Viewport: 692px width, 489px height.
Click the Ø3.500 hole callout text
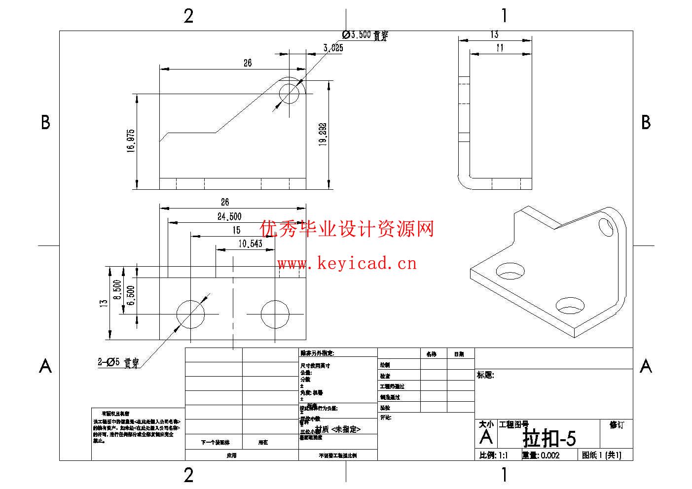coord(365,35)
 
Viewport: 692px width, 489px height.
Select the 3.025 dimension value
coord(333,48)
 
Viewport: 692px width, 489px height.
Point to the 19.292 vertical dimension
coord(323,135)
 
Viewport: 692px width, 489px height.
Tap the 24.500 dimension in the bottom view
coord(229,216)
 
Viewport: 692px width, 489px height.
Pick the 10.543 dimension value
coord(250,244)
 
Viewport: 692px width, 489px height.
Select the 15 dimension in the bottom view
coord(237,230)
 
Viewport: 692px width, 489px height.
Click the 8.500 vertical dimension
coord(117,290)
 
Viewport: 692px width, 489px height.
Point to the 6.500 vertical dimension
coord(131,295)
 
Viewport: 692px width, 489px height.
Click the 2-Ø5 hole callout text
coord(118,363)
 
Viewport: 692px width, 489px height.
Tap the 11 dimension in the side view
coord(500,48)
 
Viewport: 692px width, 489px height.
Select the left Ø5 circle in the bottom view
coord(190,314)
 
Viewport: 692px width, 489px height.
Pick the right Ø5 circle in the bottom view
coord(275,314)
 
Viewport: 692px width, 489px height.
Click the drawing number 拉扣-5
coord(549,438)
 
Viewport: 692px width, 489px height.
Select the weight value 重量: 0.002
coord(541,455)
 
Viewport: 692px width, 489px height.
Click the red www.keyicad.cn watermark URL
coord(347,264)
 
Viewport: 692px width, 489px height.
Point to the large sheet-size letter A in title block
coord(486,437)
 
